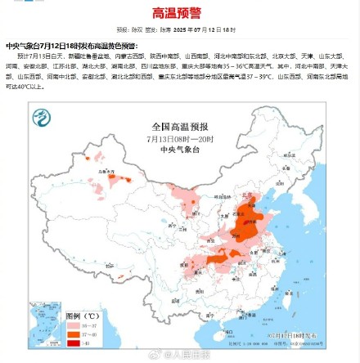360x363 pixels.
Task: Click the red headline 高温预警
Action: (x=179, y=13)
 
